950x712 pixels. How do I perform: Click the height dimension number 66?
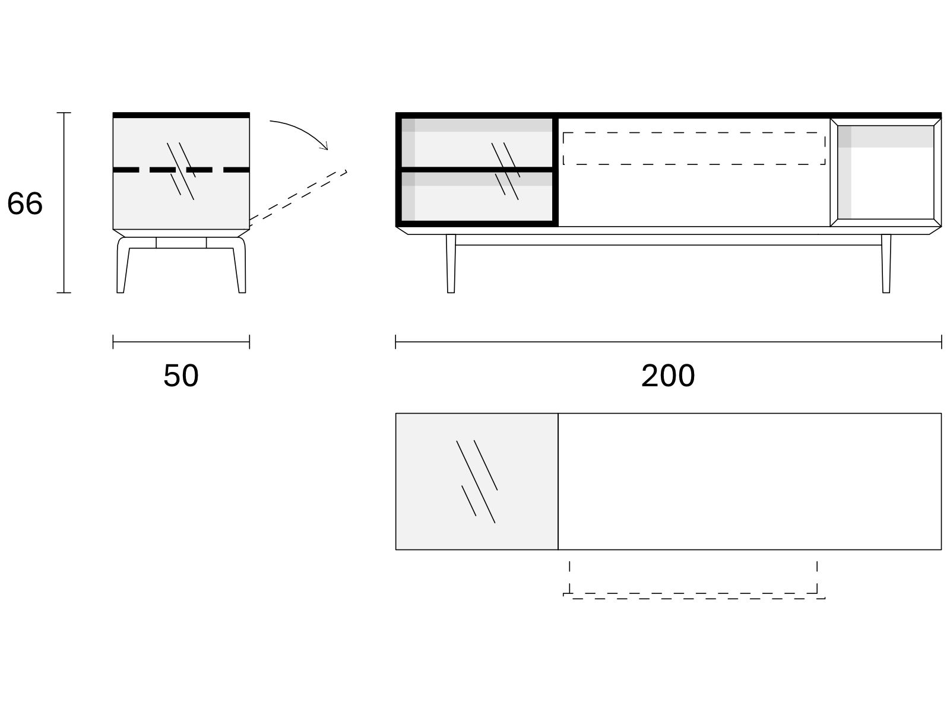click(x=25, y=203)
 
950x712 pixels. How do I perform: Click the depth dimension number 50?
click(x=181, y=375)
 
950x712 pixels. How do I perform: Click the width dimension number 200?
click(x=668, y=375)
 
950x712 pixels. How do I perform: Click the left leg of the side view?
click(x=122, y=265)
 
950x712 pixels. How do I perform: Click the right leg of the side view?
click(x=240, y=265)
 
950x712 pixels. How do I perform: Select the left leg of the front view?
click(x=451, y=263)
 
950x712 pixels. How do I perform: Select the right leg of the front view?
click(x=886, y=263)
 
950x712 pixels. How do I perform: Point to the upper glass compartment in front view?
click(x=477, y=142)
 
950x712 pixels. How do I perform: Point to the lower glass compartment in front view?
click(x=477, y=196)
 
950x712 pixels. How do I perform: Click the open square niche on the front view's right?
click(x=885, y=172)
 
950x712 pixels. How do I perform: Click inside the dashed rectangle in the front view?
click(x=694, y=148)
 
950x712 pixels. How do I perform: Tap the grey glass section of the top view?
click(x=477, y=482)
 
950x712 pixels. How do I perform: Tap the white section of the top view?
click(x=750, y=482)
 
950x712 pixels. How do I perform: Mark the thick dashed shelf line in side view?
click(x=181, y=170)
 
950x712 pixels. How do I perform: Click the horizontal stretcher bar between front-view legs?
click(x=668, y=245)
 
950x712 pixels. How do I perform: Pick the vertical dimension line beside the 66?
click(x=64, y=203)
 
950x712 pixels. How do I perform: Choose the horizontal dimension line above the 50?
click(x=181, y=342)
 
